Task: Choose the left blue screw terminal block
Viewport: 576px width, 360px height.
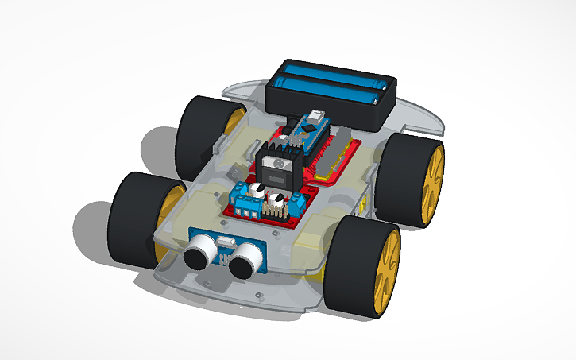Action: [x=244, y=198]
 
